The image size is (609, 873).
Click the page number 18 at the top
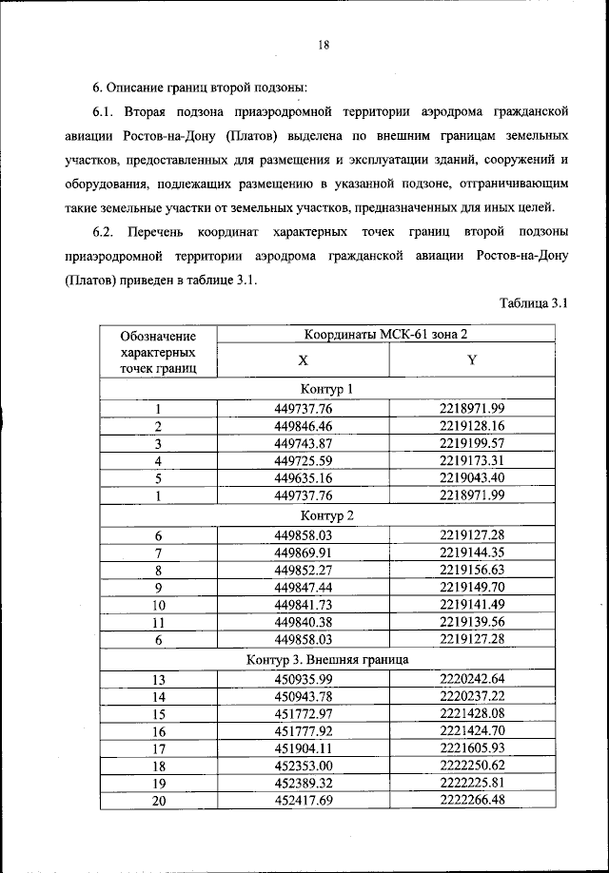click(x=324, y=44)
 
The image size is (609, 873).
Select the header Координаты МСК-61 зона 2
click(x=386, y=335)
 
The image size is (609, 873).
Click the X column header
click(x=303, y=362)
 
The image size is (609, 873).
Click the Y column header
click(x=471, y=362)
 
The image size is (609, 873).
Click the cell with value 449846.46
click(x=303, y=426)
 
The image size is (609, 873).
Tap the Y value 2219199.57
click(x=471, y=443)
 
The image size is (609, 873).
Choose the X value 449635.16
click(x=303, y=478)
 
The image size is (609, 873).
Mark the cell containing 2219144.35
click(x=471, y=552)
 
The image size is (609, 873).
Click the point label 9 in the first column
click(x=159, y=588)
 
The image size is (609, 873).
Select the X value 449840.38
click(x=303, y=623)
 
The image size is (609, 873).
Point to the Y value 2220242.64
click(x=471, y=678)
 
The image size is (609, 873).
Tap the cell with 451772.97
click(x=303, y=713)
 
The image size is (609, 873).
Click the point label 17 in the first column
click(x=159, y=748)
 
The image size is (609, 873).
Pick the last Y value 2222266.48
click(x=471, y=802)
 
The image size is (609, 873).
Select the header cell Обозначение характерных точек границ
click(x=159, y=351)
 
